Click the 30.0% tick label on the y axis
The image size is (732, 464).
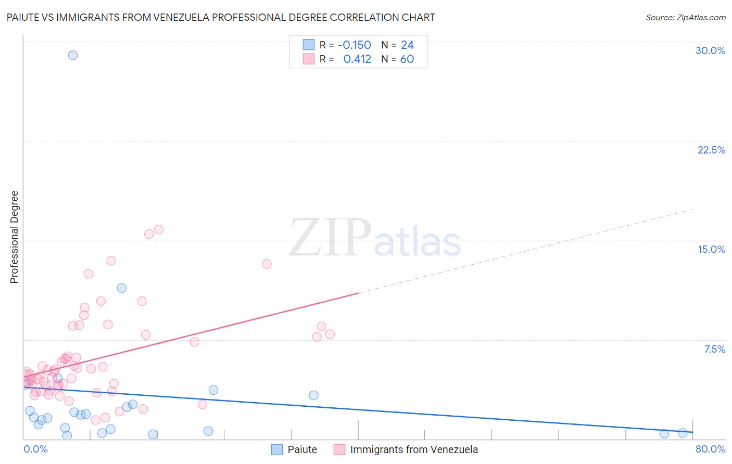(710, 50)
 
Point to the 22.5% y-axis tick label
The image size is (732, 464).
(711, 150)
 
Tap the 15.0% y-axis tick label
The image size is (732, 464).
(711, 249)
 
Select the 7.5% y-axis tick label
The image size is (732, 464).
(714, 349)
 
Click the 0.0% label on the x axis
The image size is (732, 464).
(35, 449)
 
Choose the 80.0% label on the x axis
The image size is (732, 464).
(710, 449)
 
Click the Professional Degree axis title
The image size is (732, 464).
(14, 237)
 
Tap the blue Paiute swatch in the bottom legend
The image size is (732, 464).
(277, 449)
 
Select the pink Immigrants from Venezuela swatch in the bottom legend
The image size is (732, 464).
(339, 449)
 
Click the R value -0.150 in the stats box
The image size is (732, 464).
(354, 45)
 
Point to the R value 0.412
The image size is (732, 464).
(357, 59)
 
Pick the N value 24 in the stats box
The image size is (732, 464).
(407, 45)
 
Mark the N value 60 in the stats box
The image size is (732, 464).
(407, 59)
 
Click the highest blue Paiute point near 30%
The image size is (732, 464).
(73, 55)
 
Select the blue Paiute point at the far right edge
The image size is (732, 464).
(683, 433)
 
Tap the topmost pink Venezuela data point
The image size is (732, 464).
(159, 229)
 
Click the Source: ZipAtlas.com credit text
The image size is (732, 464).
(685, 18)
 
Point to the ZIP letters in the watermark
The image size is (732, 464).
(330, 238)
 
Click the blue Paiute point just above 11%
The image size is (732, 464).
(122, 288)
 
